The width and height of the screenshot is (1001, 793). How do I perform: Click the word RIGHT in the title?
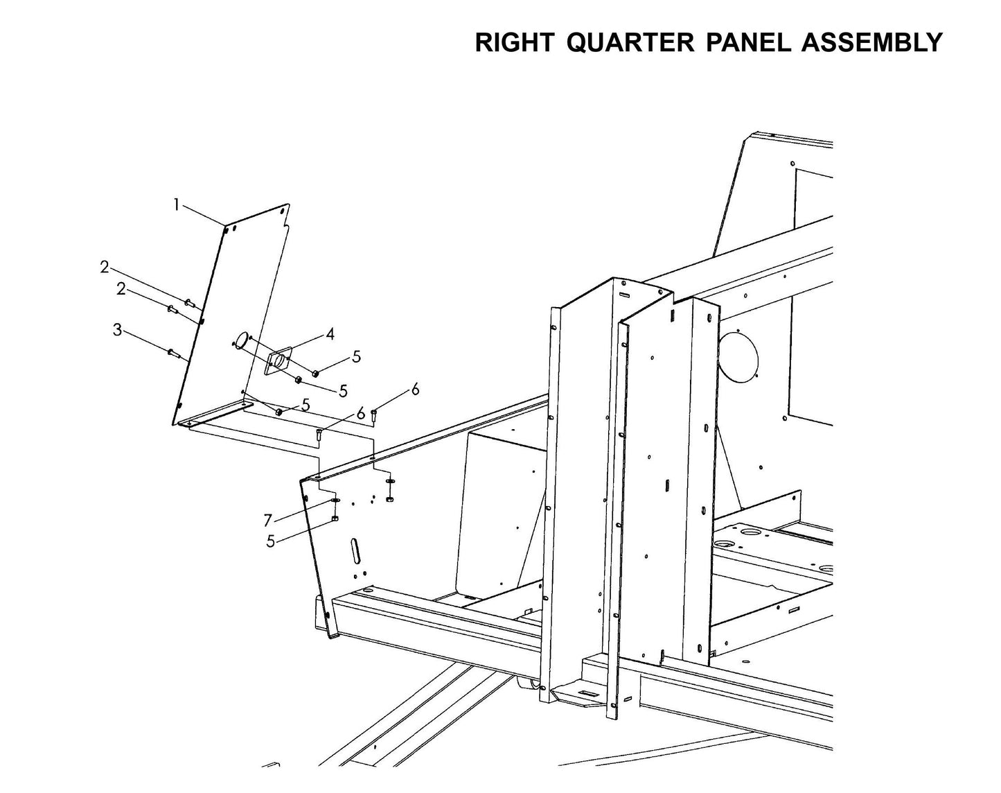pyautogui.click(x=513, y=42)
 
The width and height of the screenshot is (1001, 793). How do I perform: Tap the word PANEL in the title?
pyautogui.click(x=748, y=42)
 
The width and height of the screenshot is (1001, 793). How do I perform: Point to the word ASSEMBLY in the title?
pyautogui.click(x=871, y=42)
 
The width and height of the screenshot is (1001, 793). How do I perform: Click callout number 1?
pyautogui.click(x=177, y=204)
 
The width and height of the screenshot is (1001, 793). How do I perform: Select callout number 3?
pyautogui.click(x=118, y=330)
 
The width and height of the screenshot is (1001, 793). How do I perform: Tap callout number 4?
pyautogui.click(x=330, y=334)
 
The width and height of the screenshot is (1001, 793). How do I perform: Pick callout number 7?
pyautogui.click(x=268, y=520)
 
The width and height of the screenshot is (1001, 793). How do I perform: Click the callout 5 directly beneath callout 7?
pyautogui.click(x=271, y=541)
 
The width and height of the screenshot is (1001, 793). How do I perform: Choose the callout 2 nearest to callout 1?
pyautogui.click(x=105, y=266)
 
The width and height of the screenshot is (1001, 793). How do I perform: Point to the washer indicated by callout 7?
pyautogui.click(x=335, y=500)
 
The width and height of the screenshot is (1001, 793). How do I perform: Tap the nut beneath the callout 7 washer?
pyautogui.click(x=335, y=518)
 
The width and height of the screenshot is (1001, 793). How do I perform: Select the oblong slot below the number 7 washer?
pyautogui.click(x=356, y=551)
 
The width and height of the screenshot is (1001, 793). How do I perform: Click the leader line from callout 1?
pyautogui.click(x=203, y=215)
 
